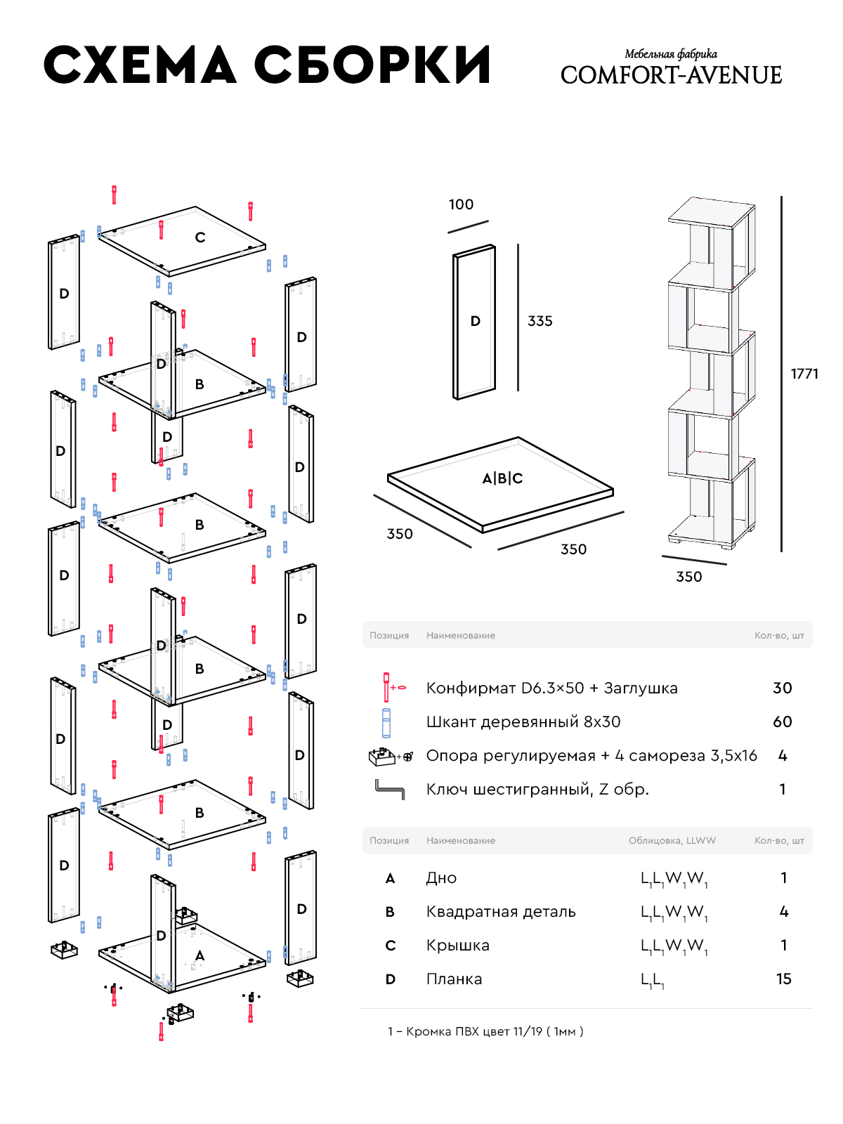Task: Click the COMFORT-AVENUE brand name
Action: pos(671,75)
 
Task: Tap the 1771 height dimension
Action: pos(804,374)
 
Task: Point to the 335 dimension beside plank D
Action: pos(540,321)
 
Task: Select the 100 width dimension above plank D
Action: pos(461,204)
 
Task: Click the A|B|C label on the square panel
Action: pos(502,478)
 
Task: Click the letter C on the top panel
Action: pos(200,237)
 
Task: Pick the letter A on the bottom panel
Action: pos(200,955)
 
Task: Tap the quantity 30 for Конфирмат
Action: pos(782,688)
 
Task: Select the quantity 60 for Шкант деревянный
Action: pos(782,722)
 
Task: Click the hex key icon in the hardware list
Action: pos(389,790)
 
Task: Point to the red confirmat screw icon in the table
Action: pos(386,687)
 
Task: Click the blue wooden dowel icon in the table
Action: pos(386,723)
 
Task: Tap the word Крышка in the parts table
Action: pos(457,946)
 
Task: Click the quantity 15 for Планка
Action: pos(783,979)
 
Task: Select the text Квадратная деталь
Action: pos(500,912)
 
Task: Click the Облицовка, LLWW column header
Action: pos(672,841)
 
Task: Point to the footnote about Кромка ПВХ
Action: pos(485,1031)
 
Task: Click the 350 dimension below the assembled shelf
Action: pos(688,577)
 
